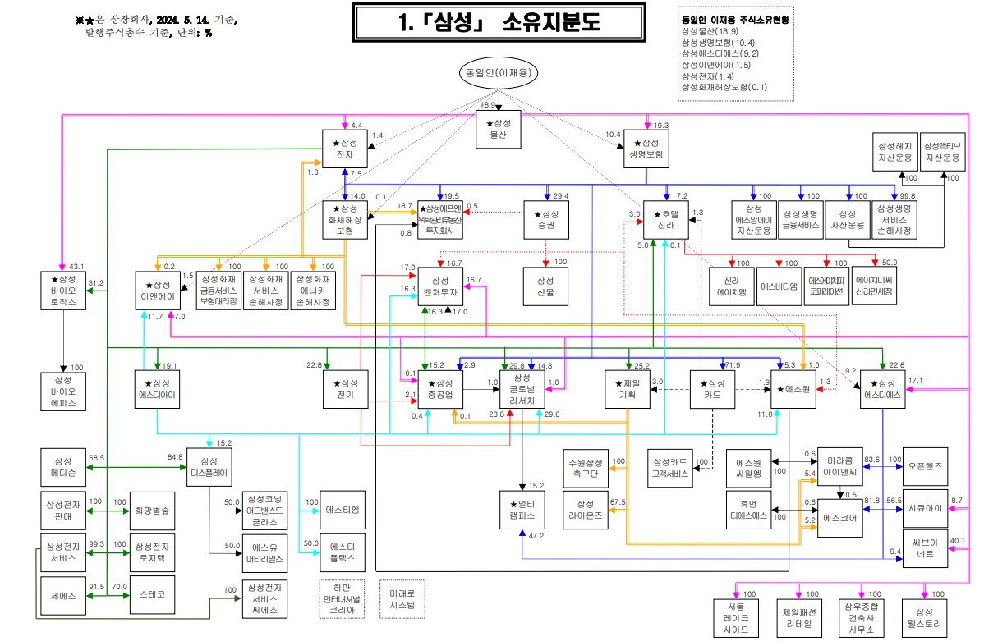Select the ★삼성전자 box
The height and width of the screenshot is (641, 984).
click(344, 149)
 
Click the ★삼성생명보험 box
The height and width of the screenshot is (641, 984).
click(646, 149)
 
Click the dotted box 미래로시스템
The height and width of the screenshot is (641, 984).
click(402, 599)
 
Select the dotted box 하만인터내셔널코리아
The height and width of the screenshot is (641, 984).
click(341, 599)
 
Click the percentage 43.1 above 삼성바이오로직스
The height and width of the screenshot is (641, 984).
click(77, 266)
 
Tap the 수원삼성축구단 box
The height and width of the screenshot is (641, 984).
click(585, 468)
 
